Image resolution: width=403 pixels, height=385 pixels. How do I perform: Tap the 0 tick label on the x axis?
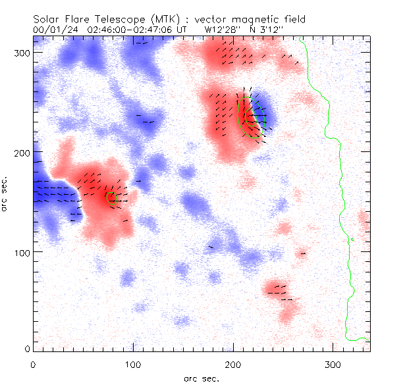33,364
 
